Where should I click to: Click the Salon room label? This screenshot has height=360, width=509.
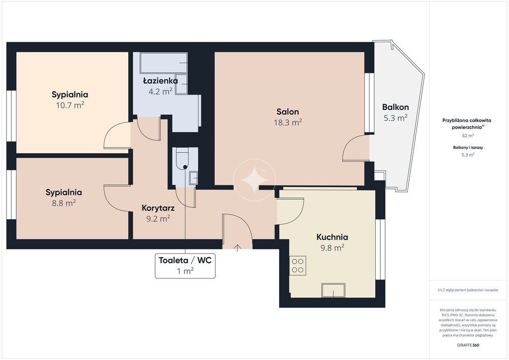pyautogui.click(x=288, y=112)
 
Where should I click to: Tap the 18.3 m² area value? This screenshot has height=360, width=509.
pyautogui.click(x=288, y=122)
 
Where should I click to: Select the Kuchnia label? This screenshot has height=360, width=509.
pyautogui.click(x=332, y=237)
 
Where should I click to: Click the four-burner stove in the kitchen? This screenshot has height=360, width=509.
pyautogui.click(x=298, y=266)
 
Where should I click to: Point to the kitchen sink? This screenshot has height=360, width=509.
pyautogui.click(x=333, y=290)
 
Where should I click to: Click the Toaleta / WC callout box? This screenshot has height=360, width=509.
pyautogui.click(x=185, y=266)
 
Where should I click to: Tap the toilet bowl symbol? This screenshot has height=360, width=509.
pyautogui.click(x=182, y=159)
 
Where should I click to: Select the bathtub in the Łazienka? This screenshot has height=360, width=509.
pyautogui.click(x=164, y=63)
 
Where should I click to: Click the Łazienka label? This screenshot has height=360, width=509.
pyautogui.click(x=161, y=81)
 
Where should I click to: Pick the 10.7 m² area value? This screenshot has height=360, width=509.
pyautogui.click(x=70, y=105)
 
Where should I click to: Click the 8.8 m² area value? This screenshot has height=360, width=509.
pyautogui.click(x=64, y=203)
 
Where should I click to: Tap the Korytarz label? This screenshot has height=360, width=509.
pyautogui.click(x=158, y=208)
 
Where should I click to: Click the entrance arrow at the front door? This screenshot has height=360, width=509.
pyautogui.click(x=238, y=248)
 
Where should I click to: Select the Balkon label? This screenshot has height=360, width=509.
pyautogui.click(x=395, y=107)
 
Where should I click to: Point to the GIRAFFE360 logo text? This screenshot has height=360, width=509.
pyautogui.click(x=468, y=345)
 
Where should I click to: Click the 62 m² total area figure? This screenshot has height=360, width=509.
pyautogui.click(x=468, y=136)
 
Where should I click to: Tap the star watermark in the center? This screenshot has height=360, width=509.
pyautogui.click(x=254, y=180)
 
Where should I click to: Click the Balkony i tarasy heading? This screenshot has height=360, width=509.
pyautogui.click(x=468, y=147)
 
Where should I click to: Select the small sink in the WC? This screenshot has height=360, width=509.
pyautogui.click(x=193, y=178)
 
